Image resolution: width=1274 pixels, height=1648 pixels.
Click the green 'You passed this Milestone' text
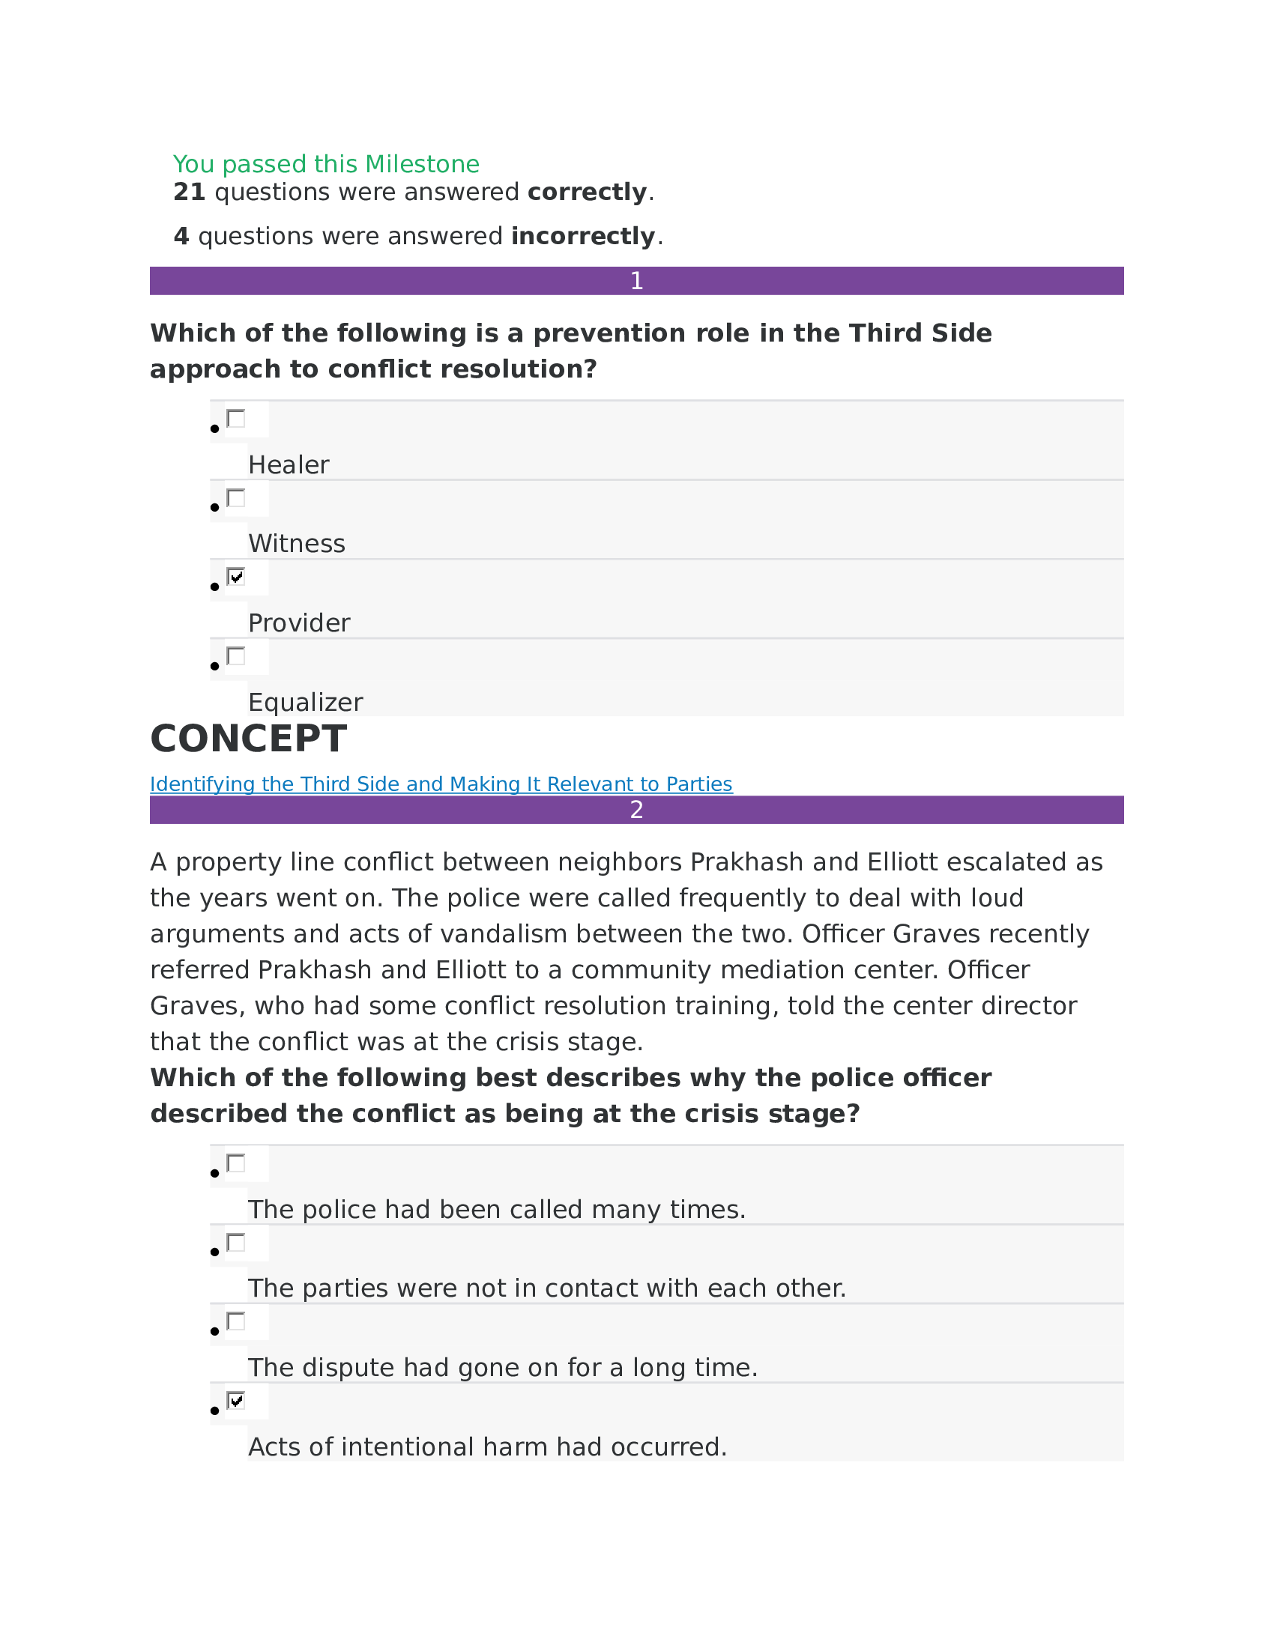[x=325, y=164]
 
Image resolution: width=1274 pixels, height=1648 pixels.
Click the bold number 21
[x=189, y=192]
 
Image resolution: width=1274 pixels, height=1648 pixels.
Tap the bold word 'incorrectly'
[x=582, y=236]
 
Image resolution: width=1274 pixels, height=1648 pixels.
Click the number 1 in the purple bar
[x=636, y=281]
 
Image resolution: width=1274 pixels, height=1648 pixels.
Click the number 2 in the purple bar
[x=636, y=810]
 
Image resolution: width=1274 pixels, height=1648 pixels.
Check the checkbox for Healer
[x=236, y=419]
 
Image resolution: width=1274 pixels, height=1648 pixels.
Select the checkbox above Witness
[x=236, y=498]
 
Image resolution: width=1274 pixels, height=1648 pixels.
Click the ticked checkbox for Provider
[x=236, y=577]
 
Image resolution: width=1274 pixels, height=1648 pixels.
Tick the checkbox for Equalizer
[x=236, y=655]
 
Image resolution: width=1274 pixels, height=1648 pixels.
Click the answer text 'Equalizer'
[x=305, y=703]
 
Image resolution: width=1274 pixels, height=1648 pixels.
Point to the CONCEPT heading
[x=248, y=739]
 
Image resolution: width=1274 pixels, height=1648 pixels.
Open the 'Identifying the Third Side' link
[x=441, y=784]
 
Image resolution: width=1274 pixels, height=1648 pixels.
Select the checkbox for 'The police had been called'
[x=236, y=1163]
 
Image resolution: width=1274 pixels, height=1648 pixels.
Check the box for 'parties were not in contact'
[x=236, y=1242]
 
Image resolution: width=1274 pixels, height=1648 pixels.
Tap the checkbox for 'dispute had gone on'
[x=236, y=1321]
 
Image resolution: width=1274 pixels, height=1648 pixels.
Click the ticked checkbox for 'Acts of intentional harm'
[x=236, y=1401]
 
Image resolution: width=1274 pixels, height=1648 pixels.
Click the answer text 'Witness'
[x=297, y=544]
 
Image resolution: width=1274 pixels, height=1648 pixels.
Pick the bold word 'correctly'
[x=588, y=192]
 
